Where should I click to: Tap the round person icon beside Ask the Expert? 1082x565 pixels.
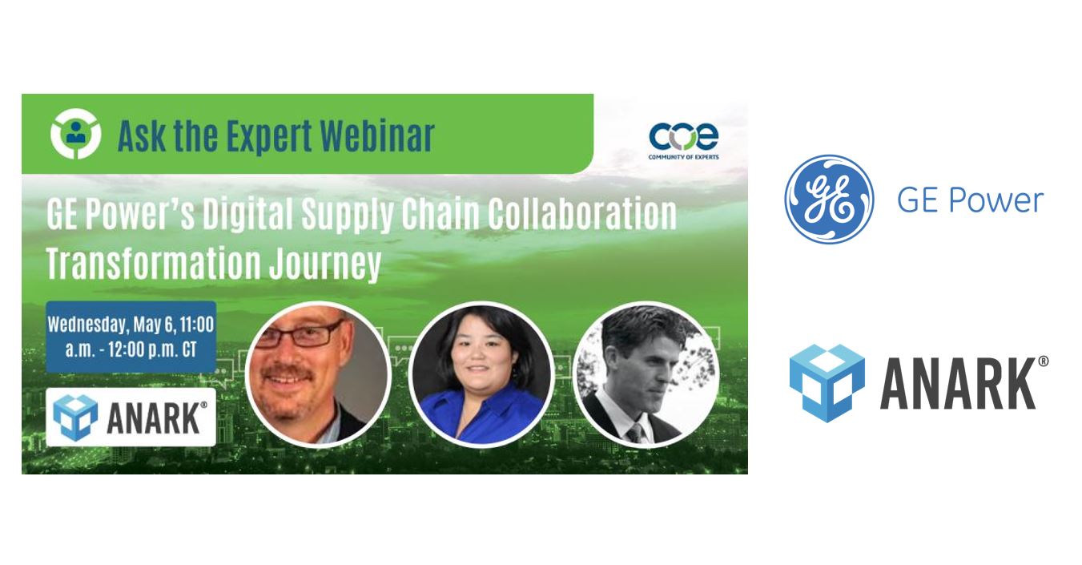point(75,134)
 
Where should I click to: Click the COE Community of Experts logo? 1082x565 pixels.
point(683,141)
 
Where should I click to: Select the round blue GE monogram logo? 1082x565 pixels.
point(829,199)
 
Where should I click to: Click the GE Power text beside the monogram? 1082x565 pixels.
point(970,200)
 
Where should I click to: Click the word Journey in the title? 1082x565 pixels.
point(325,264)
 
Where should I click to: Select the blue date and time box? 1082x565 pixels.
point(131,337)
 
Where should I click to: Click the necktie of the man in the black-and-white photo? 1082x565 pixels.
point(638,433)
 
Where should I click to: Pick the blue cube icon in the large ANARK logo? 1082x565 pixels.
point(827,383)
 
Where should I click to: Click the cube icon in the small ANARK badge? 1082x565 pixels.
point(75,418)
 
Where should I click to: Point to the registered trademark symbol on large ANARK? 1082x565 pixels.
point(1043,361)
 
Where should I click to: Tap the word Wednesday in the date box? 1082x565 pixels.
point(88,325)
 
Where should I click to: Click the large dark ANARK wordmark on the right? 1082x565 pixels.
point(958,384)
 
